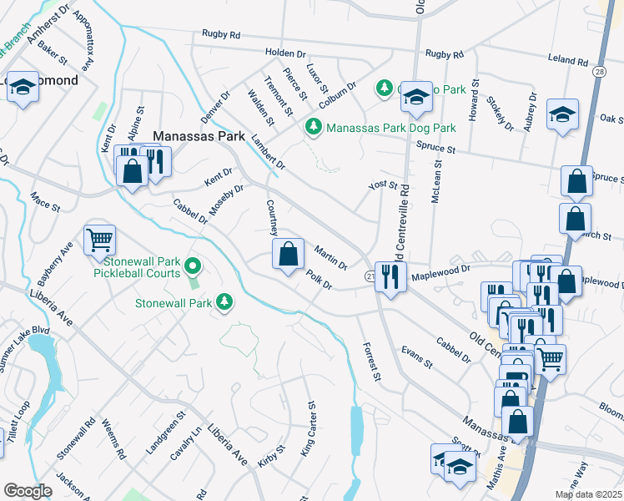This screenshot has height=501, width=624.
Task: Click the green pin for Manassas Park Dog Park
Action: point(313,128)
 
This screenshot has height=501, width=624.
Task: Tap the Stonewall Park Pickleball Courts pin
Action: point(193,266)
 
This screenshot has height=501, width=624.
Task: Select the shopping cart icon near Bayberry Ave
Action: point(99,240)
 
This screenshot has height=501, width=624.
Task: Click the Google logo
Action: point(28,490)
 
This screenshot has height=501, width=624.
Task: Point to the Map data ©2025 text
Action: point(588,494)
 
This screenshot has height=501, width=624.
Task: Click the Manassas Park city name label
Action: point(196,134)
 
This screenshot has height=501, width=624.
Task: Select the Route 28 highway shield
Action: point(600,74)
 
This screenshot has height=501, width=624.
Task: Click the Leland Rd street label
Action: point(568,62)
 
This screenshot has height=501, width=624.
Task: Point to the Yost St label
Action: point(383,185)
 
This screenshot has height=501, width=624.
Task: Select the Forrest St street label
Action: point(370,363)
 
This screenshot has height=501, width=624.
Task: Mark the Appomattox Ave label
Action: point(85,41)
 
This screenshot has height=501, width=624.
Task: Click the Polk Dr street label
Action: point(319,280)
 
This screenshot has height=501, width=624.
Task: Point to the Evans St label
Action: point(416,357)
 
